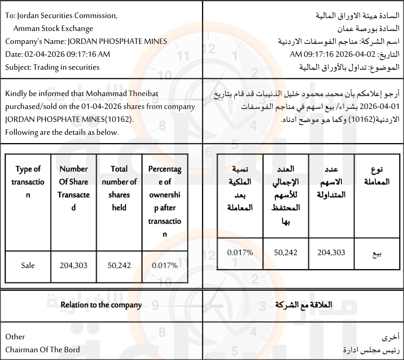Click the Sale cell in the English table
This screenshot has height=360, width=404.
(28, 265)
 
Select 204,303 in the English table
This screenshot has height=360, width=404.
(73, 265)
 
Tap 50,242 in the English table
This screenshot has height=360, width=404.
(119, 265)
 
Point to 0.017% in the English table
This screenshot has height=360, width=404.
(165, 265)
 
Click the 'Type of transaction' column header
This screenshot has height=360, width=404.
(28, 182)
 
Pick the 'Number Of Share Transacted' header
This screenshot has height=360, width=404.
(73, 188)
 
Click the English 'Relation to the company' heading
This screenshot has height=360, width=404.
(101, 305)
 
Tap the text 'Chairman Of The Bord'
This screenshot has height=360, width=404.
(42, 350)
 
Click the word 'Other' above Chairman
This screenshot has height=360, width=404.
(15, 337)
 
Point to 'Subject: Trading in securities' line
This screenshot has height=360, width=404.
(52, 67)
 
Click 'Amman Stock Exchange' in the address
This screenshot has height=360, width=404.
(53, 28)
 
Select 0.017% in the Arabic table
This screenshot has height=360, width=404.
(240, 253)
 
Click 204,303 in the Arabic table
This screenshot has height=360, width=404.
(331, 253)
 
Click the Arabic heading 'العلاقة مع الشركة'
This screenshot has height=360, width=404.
(303, 305)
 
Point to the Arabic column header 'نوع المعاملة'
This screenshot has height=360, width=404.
(377, 176)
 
